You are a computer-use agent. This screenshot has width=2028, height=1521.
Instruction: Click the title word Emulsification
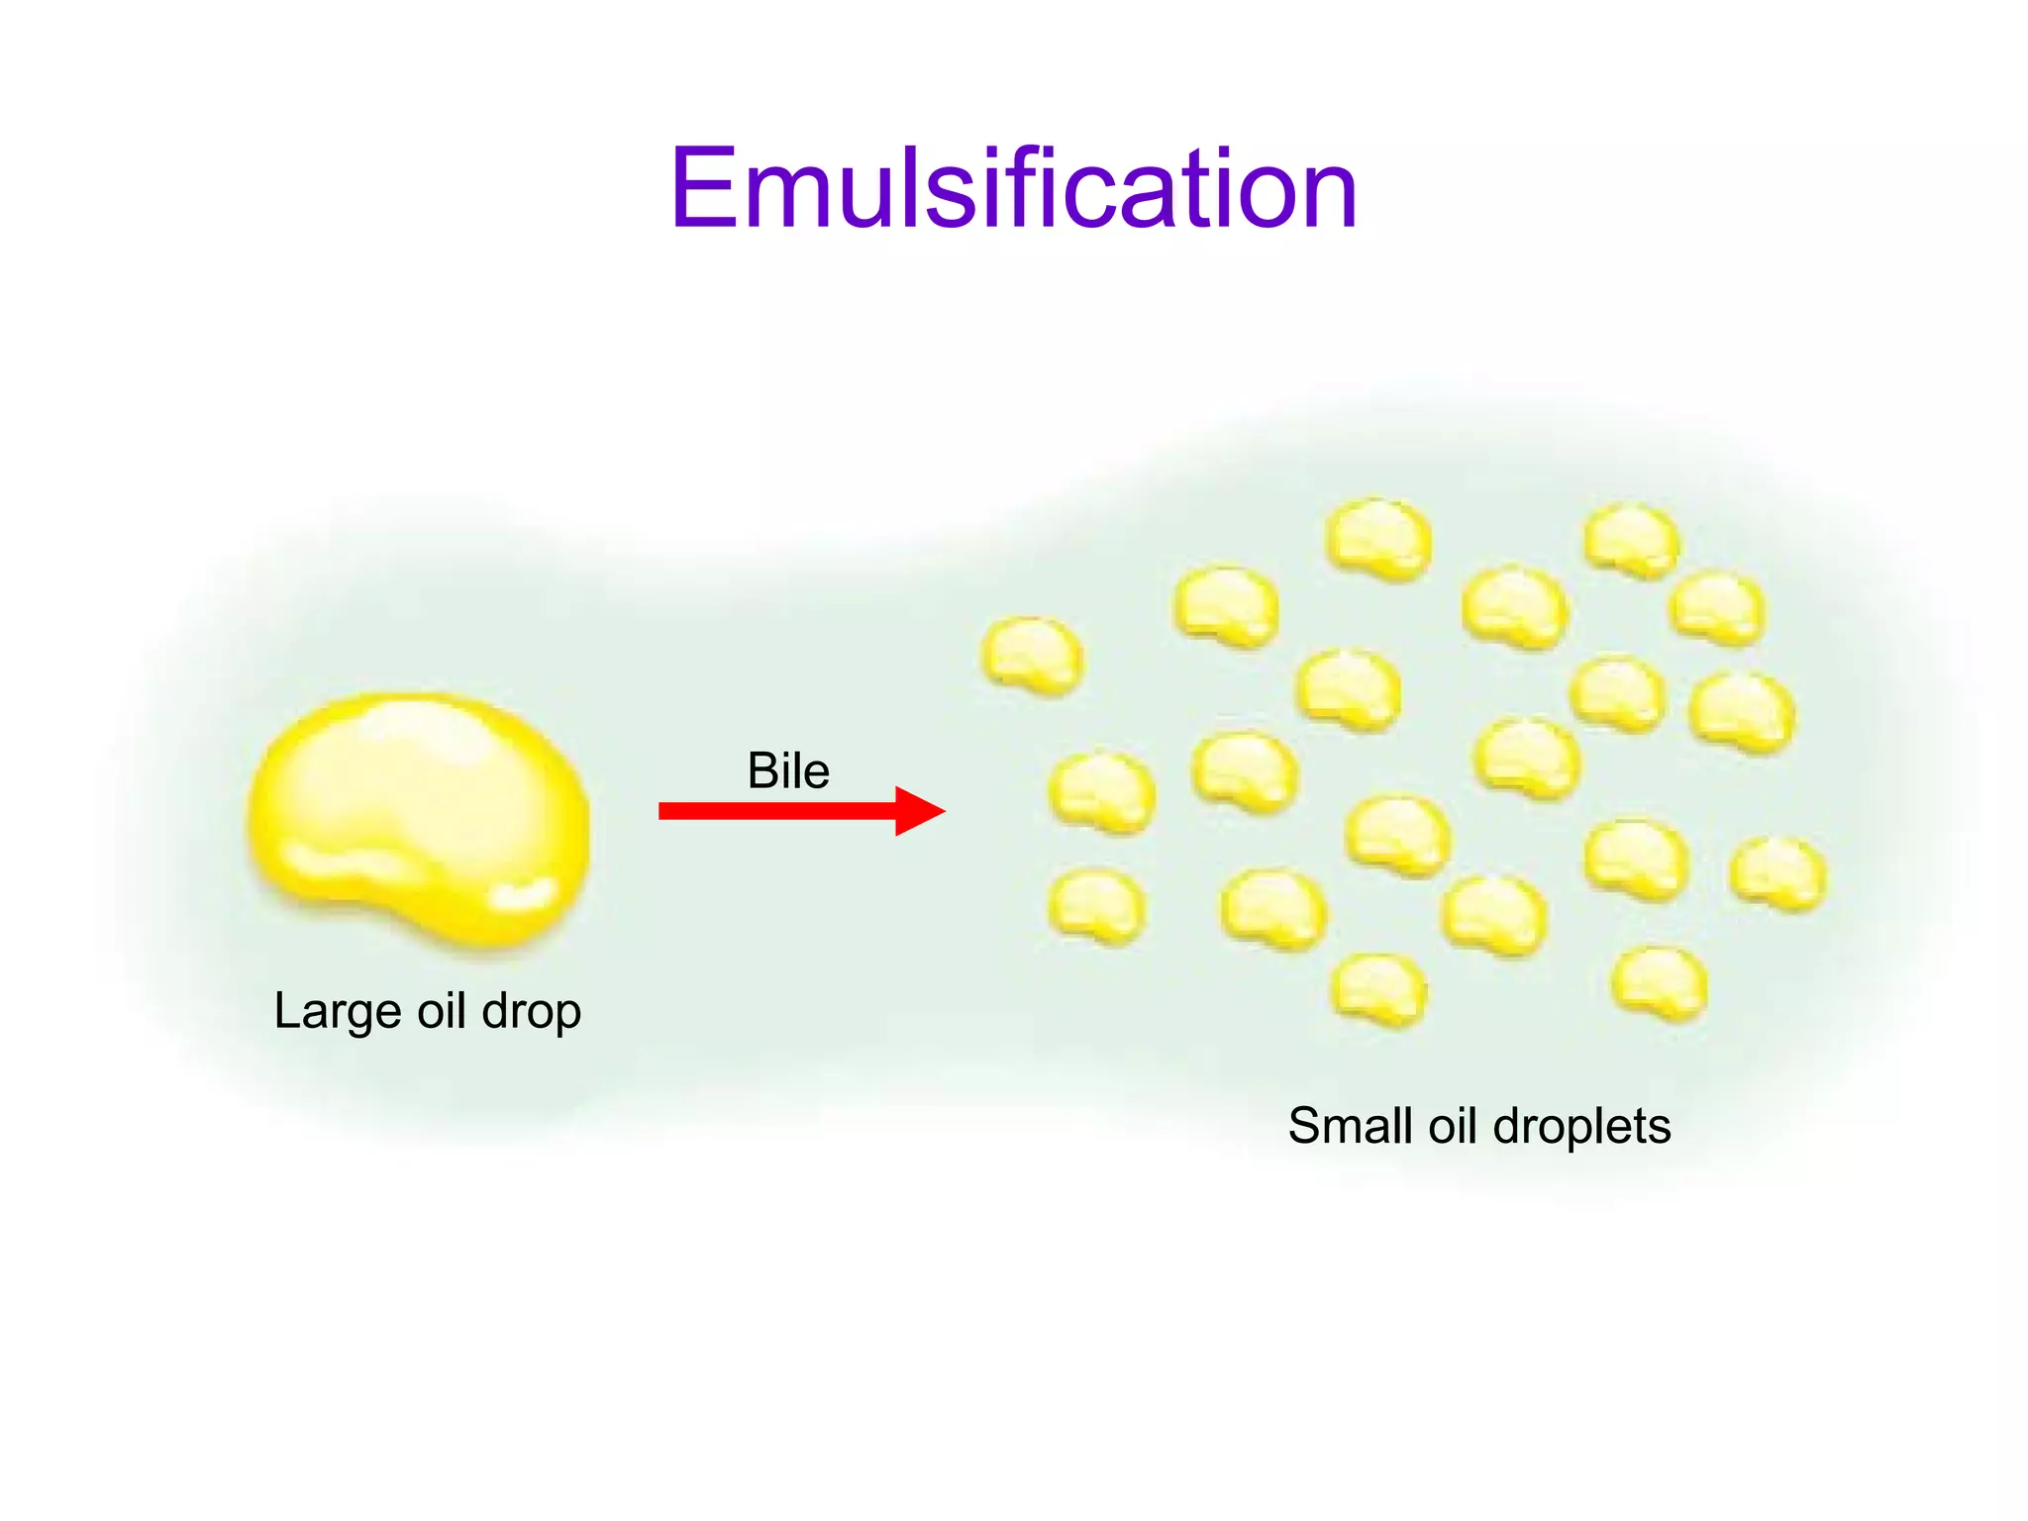pyautogui.click(x=1013, y=188)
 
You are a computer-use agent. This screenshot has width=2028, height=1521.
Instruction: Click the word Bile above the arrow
pyautogui.click(x=788, y=770)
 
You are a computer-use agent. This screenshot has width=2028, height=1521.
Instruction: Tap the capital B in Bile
pyautogui.click(x=762, y=770)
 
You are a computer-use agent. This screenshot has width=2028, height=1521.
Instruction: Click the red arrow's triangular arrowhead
pyautogui.click(x=918, y=811)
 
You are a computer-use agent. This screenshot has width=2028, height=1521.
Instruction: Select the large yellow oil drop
pyautogui.click(x=419, y=817)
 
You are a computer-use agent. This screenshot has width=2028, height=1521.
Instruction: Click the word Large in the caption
pyautogui.click(x=336, y=1012)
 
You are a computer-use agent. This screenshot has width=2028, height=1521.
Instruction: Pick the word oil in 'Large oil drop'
pyautogui.click(x=442, y=1010)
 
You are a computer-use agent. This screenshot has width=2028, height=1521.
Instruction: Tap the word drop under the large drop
pyautogui.click(x=531, y=1012)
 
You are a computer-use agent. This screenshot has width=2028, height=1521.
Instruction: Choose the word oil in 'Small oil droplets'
pyautogui.click(x=1453, y=1126)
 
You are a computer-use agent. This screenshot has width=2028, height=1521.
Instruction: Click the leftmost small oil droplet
pyautogui.click(x=1032, y=655)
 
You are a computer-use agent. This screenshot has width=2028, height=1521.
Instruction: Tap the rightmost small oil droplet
pyautogui.click(x=1778, y=872)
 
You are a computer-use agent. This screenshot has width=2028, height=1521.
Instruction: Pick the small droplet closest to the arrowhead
pyautogui.click(x=1101, y=791)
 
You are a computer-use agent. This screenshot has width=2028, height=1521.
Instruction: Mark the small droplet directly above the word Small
pyautogui.click(x=1378, y=988)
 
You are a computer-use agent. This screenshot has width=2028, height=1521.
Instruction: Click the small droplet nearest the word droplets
pyautogui.click(x=1659, y=982)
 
